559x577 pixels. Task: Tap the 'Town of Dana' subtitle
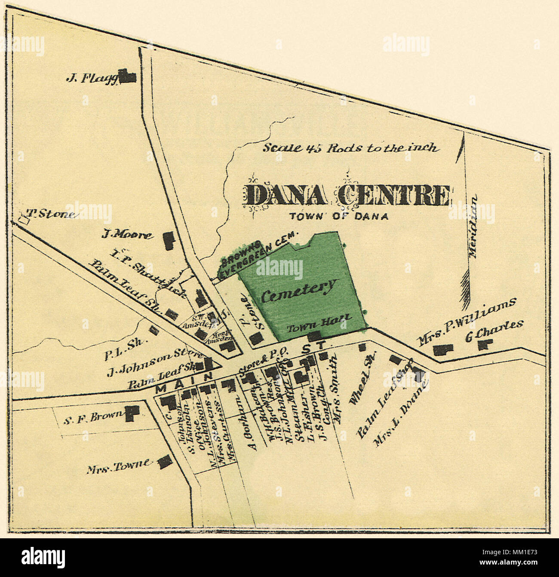(339, 217)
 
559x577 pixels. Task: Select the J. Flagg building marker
(128, 77)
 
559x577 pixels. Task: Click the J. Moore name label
(127, 235)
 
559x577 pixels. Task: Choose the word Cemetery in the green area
(298, 291)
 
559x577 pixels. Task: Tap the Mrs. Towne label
(119, 465)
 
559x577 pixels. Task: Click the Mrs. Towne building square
(164, 462)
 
